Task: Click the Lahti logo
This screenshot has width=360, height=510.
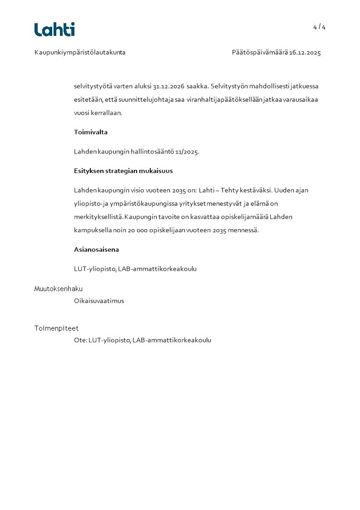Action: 54,30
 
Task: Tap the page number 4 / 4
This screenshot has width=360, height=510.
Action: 319,27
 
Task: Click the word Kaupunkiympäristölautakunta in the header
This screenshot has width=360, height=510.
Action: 80,53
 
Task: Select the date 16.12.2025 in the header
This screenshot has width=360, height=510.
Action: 305,53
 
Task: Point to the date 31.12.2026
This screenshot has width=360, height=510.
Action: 168,86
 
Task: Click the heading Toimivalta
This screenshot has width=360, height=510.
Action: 91,132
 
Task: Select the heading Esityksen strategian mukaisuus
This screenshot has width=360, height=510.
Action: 123,171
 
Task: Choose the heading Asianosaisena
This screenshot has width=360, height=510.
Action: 96,249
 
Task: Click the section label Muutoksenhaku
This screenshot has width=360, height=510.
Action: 59,289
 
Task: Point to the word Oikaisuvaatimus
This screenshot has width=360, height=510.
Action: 99,301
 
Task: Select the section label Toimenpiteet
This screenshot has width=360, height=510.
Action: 57,328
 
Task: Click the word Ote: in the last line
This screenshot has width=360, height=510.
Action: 80,340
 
